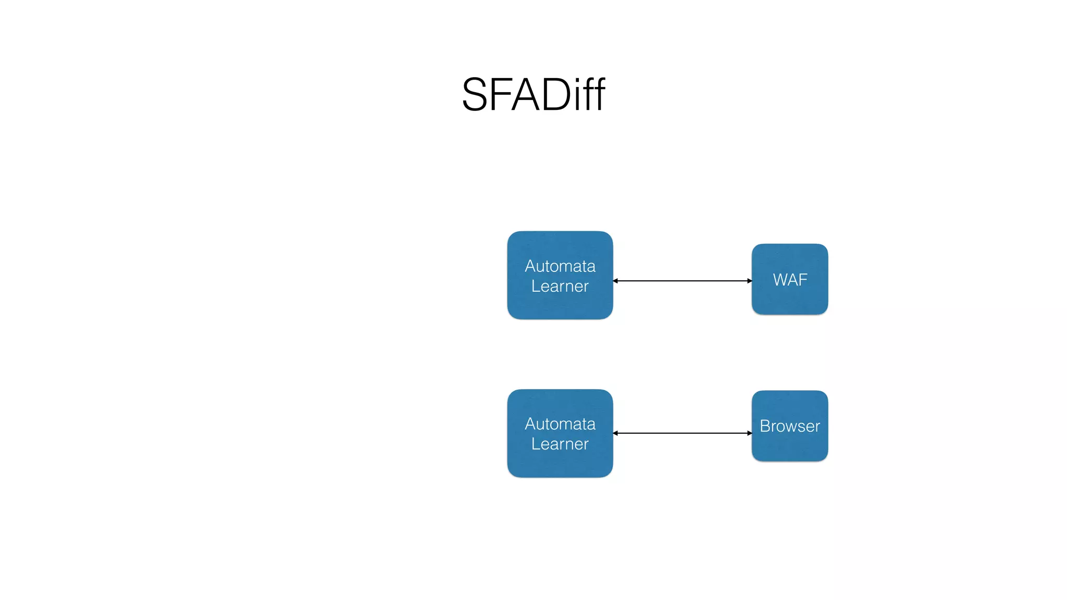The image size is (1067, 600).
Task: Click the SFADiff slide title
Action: click(533, 95)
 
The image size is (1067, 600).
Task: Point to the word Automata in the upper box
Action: click(560, 266)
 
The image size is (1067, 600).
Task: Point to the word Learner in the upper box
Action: click(560, 286)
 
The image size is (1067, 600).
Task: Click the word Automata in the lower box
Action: click(560, 424)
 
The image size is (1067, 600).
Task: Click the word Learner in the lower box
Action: click(560, 444)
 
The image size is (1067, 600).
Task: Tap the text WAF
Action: click(790, 280)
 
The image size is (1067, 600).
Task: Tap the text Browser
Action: click(790, 427)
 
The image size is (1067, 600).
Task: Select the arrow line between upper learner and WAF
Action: click(683, 281)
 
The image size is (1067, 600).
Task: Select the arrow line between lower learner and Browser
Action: click(683, 433)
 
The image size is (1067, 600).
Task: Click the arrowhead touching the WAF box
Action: click(749, 281)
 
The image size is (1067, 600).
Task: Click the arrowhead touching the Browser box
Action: click(749, 433)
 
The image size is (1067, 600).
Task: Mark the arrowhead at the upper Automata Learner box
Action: click(616, 281)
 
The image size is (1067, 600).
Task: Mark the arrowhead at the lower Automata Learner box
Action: click(616, 433)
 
